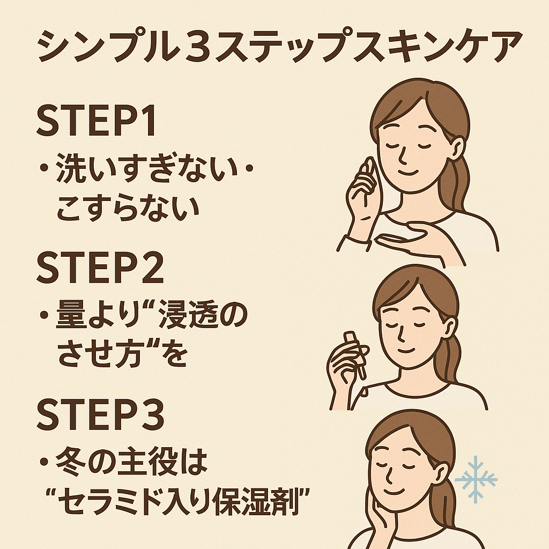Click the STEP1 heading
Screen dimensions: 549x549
point(96,121)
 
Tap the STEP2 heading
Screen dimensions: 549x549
point(100,268)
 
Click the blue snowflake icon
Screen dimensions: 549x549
point(476,479)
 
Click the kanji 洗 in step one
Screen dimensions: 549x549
point(71,168)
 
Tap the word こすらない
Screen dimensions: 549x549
point(128,208)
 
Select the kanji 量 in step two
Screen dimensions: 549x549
point(71,314)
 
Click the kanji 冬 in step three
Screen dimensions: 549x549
point(71,461)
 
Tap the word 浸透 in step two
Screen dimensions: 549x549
point(189,314)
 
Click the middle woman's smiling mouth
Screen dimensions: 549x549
point(406,350)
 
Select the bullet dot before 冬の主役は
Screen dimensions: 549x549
point(44,462)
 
